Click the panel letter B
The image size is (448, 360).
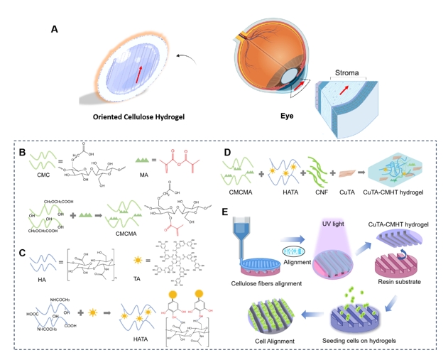click(22, 152)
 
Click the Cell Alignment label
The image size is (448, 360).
click(271, 339)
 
